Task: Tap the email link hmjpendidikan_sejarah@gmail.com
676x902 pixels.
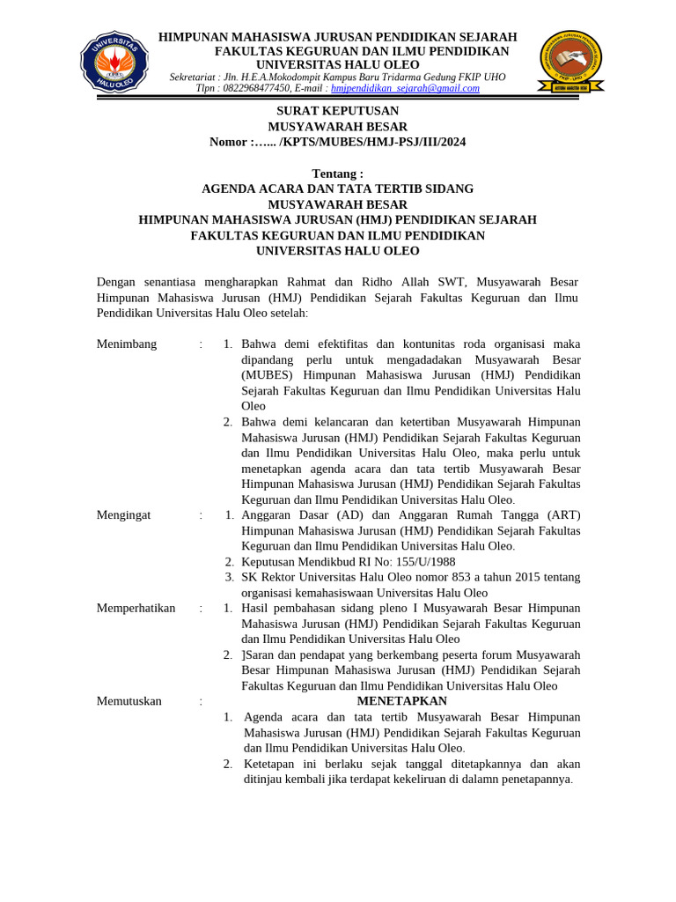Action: pyautogui.click(x=405, y=88)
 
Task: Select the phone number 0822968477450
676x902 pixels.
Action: pyautogui.click(x=255, y=88)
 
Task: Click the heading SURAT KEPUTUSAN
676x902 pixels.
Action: pyautogui.click(x=337, y=111)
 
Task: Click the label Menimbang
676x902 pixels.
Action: pyautogui.click(x=127, y=344)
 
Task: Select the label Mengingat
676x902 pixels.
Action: pyautogui.click(x=123, y=515)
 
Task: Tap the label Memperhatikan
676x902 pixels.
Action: pyautogui.click(x=136, y=608)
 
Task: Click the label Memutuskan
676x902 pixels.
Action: pyautogui.click(x=129, y=701)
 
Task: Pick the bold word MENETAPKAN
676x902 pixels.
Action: pyautogui.click(x=401, y=701)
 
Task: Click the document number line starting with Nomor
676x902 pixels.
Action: pyautogui.click(x=337, y=142)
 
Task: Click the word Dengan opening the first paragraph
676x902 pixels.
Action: pyautogui.click(x=117, y=282)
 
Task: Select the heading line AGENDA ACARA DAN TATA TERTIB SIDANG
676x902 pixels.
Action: pyautogui.click(x=337, y=189)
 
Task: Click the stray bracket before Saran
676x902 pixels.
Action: pyautogui.click(x=244, y=654)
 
